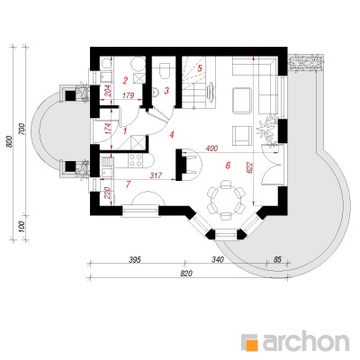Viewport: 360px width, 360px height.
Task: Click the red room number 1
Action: point(125,130)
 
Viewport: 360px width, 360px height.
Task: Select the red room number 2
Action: point(125,80)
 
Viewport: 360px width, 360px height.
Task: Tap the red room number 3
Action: point(166,90)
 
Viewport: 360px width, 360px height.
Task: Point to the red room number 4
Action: point(171,135)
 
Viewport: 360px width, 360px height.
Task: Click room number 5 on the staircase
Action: point(200,67)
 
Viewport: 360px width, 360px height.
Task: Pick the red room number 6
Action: point(228,165)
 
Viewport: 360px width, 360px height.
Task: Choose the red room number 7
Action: point(128,184)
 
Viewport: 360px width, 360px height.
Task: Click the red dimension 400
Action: point(211,148)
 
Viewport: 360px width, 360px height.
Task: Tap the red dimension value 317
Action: point(156,175)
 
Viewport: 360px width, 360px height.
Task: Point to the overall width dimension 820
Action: point(186,274)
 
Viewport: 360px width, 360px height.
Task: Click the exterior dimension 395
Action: point(135,259)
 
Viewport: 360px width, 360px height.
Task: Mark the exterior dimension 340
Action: point(218,259)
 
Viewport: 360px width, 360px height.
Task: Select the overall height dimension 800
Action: point(10,141)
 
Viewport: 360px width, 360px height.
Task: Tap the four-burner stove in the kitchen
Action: point(135,160)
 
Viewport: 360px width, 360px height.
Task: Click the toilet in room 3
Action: point(165,70)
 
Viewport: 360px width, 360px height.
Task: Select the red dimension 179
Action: point(129,96)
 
